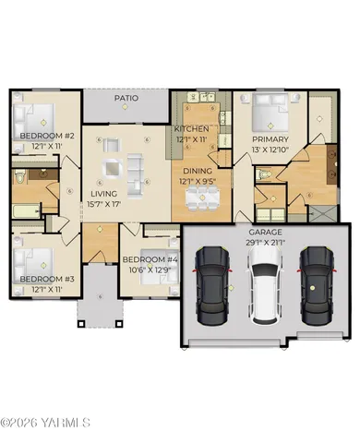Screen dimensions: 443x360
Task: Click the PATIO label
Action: coord(126,96)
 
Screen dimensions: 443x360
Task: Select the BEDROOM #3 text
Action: coord(40,279)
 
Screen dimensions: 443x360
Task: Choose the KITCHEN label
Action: coord(195,128)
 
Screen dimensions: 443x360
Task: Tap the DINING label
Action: coord(197,171)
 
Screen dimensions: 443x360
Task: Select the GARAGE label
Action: coord(265,232)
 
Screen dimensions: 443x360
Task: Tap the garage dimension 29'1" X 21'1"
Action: coord(265,242)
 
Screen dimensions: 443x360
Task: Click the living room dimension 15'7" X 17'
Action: coord(104,204)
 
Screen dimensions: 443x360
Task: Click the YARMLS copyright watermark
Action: coord(45,423)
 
